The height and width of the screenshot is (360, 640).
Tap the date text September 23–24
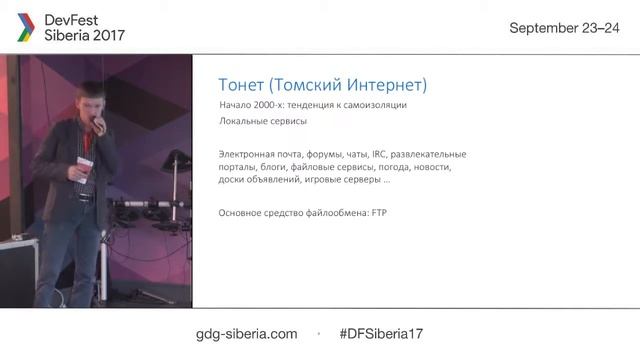tap(565, 28)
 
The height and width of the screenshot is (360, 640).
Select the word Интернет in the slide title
tap(383, 85)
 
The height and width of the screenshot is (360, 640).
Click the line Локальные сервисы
tap(262, 122)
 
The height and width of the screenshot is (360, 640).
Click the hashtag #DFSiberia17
tap(382, 333)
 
